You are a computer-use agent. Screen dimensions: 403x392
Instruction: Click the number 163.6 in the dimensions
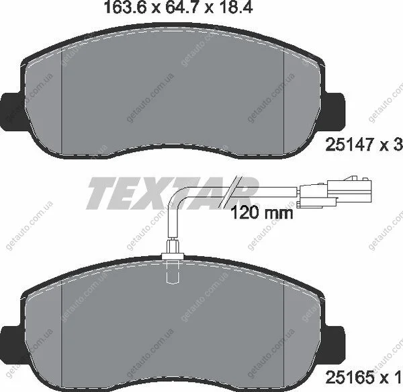pyautogui.click(x=125, y=7)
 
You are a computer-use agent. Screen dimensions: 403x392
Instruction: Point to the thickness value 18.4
pyautogui.click(x=236, y=7)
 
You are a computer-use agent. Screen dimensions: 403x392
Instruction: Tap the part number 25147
pyautogui.click(x=349, y=145)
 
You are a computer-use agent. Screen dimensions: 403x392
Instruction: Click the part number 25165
pyautogui.click(x=349, y=378)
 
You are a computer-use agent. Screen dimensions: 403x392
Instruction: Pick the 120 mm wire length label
pyautogui.click(x=262, y=213)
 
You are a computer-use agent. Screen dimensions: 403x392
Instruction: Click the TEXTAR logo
pyautogui.click(x=172, y=192)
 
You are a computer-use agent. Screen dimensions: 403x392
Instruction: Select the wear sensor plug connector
pyautogui.click(x=334, y=192)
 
